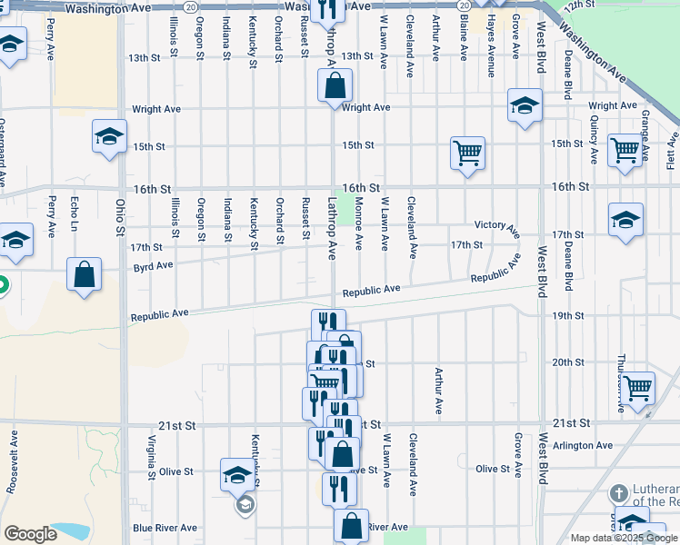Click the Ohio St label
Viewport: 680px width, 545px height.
[119, 218]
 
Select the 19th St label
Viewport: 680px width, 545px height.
[567, 315]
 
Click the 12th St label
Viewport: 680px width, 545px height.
[577, 6]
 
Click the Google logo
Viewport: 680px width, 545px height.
[30, 534]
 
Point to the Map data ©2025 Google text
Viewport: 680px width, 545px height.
[624, 538]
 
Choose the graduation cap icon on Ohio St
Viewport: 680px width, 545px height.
[109, 137]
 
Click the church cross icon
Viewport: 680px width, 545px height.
[618, 494]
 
